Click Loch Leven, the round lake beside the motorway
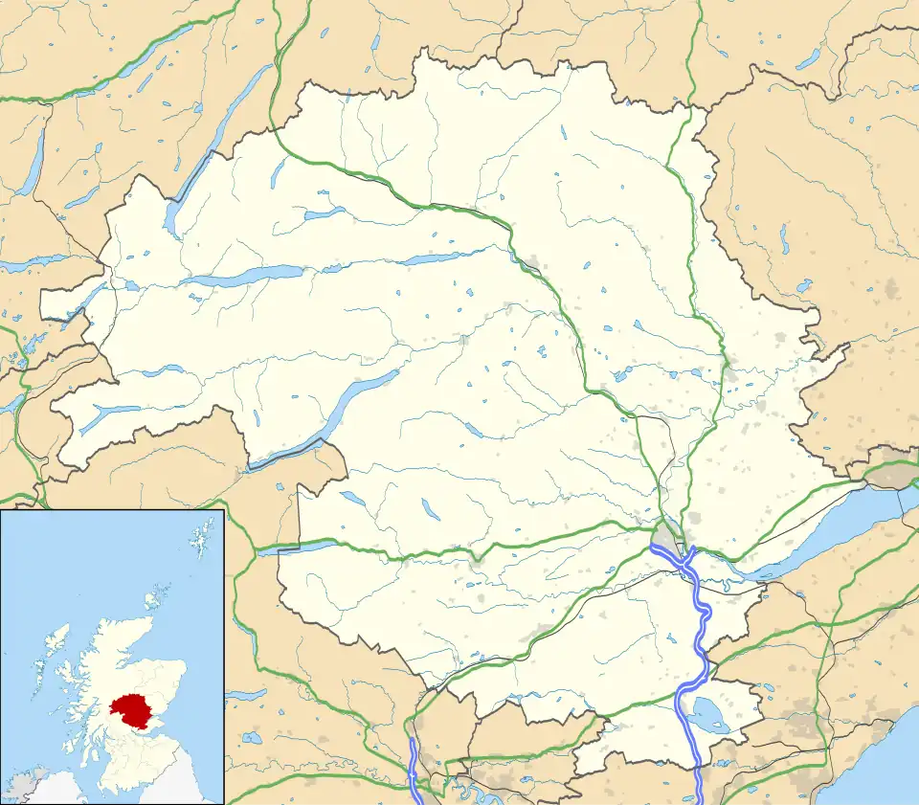point(709,713)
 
